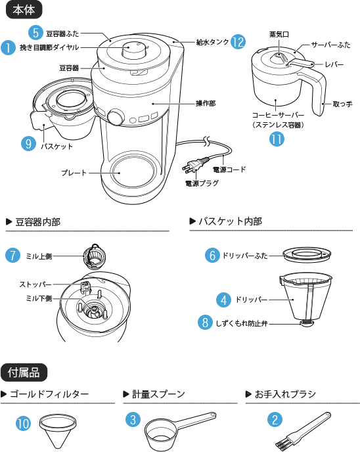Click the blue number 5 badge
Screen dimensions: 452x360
(37, 32)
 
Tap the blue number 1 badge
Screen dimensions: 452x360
(9, 47)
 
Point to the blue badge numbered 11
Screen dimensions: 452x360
(277, 139)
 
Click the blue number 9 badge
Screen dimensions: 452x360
(28, 144)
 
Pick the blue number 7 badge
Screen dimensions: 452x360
(12, 256)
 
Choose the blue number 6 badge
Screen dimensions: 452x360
(212, 255)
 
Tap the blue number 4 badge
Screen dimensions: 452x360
(224, 300)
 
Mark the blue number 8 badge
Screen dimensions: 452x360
(206, 323)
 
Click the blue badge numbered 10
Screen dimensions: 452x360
(23, 424)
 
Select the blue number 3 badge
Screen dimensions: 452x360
(133, 420)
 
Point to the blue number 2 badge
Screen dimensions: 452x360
(275, 420)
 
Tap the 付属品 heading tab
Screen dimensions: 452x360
(24, 373)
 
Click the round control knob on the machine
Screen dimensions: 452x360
(116, 117)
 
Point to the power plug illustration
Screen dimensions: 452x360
(198, 165)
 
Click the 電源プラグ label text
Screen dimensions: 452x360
(202, 184)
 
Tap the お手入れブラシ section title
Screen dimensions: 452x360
(285, 394)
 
